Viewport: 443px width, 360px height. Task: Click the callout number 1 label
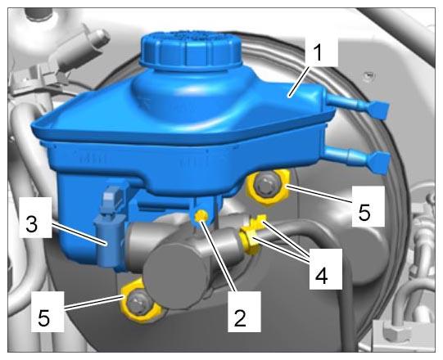tap(318, 53)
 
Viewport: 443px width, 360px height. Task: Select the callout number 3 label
tap(32, 224)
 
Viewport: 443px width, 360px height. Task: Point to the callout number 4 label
tap(321, 276)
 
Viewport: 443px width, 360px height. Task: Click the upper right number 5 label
tap(364, 213)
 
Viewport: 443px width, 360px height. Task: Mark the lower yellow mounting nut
tap(139, 303)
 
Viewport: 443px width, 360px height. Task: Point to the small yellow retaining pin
tap(201, 216)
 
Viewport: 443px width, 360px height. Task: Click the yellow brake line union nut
tap(249, 240)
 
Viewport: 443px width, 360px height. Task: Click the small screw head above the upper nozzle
tap(369, 75)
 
